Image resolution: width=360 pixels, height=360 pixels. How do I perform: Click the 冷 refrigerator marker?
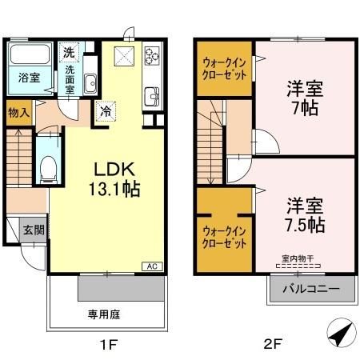click(x=106, y=111)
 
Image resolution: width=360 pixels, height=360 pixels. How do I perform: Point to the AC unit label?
click(x=150, y=266)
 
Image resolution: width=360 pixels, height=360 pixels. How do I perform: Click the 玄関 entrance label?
click(x=33, y=230)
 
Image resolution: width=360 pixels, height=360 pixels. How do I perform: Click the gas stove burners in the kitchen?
click(x=152, y=56)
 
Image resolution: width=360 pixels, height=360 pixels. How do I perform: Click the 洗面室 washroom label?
click(x=70, y=79)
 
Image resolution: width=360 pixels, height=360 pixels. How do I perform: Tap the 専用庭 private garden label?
click(x=104, y=315)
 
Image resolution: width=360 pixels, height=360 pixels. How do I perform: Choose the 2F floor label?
click(x=274, y=345)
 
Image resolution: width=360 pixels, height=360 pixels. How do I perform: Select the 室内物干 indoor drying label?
click(x=298, y=258)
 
